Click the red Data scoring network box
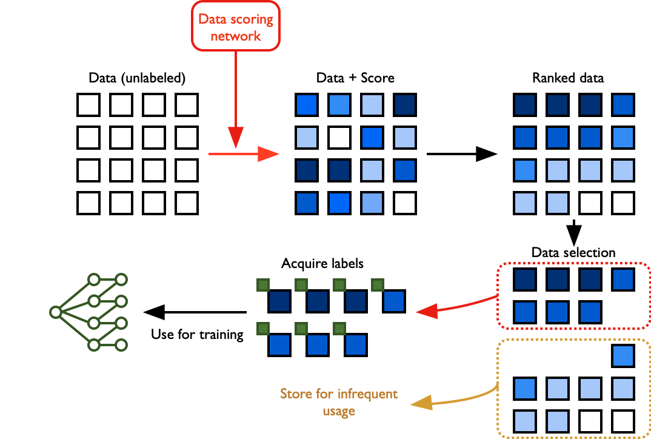pyautogui.click(x=236, y=27)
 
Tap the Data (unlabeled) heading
pyautogui.click(x=137, y=78)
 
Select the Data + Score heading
pyautogui.click(x=355, y=78)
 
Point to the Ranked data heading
pyautogui.click(x=568, y=78)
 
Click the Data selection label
pyautogui.click(x=573, y=252)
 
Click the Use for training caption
pyautogui.click(x=197, y=334)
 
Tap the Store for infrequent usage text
pyautogui.click(x=339, y=402)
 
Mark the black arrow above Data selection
pyautogui.click(x=573, y=230)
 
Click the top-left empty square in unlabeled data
pyautogui.click(x=88, y=105)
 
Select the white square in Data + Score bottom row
pyautogui.click(x=404, y=203)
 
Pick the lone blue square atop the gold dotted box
pyautogui.click(x=623, y=356)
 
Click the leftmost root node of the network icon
pyautogui.click(x=55, y=312)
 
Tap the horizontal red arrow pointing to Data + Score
pyautogui.click(x=242, y=154)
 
